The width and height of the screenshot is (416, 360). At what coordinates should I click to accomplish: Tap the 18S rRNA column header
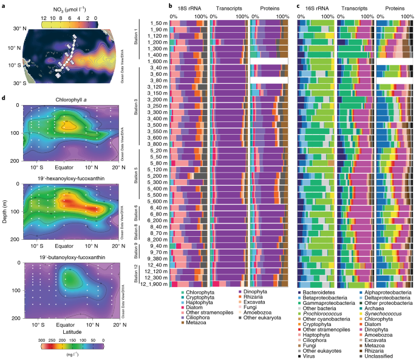(x=189, y=8)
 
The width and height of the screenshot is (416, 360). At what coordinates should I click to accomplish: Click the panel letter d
(x=4, y=98)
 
